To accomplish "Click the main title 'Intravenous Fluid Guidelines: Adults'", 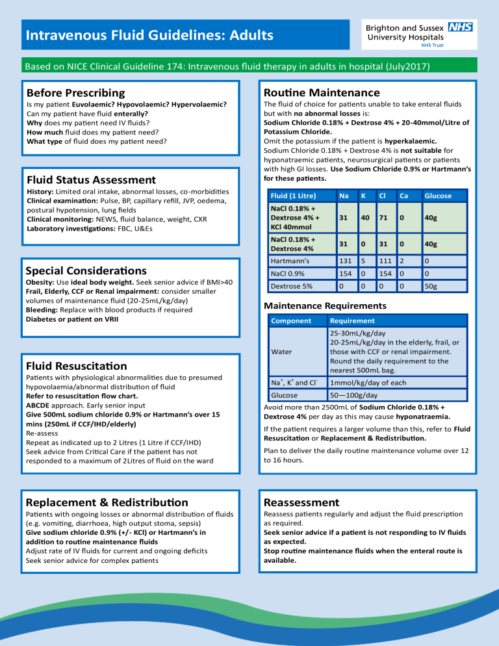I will pyautogui.click(x=149, y=34).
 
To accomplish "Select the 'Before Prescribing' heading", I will pyautogui.click(x=75, y=93).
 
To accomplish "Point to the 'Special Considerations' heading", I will pyautogui.click(x=86, y=270).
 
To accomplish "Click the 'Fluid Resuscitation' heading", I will pyautogui.click(x=76, y=366).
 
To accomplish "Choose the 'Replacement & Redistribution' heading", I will pyautogui.click(x=107, y=502).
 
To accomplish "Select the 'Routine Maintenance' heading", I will pyautogui.click(x=321, y=93).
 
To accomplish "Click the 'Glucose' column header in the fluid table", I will pyautogui.click(x=438, y=196).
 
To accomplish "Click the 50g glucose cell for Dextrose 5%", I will pyautogui.click(x=430, y=286).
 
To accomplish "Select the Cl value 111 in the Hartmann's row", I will pyautogui.click(x=386, y=260).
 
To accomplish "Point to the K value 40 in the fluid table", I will pyautogui.click(x=366, y=218).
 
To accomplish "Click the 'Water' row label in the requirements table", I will pyautogui.click(x=281, y=352).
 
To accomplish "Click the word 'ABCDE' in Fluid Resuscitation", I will pyautogui.click(x=38, y=404).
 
